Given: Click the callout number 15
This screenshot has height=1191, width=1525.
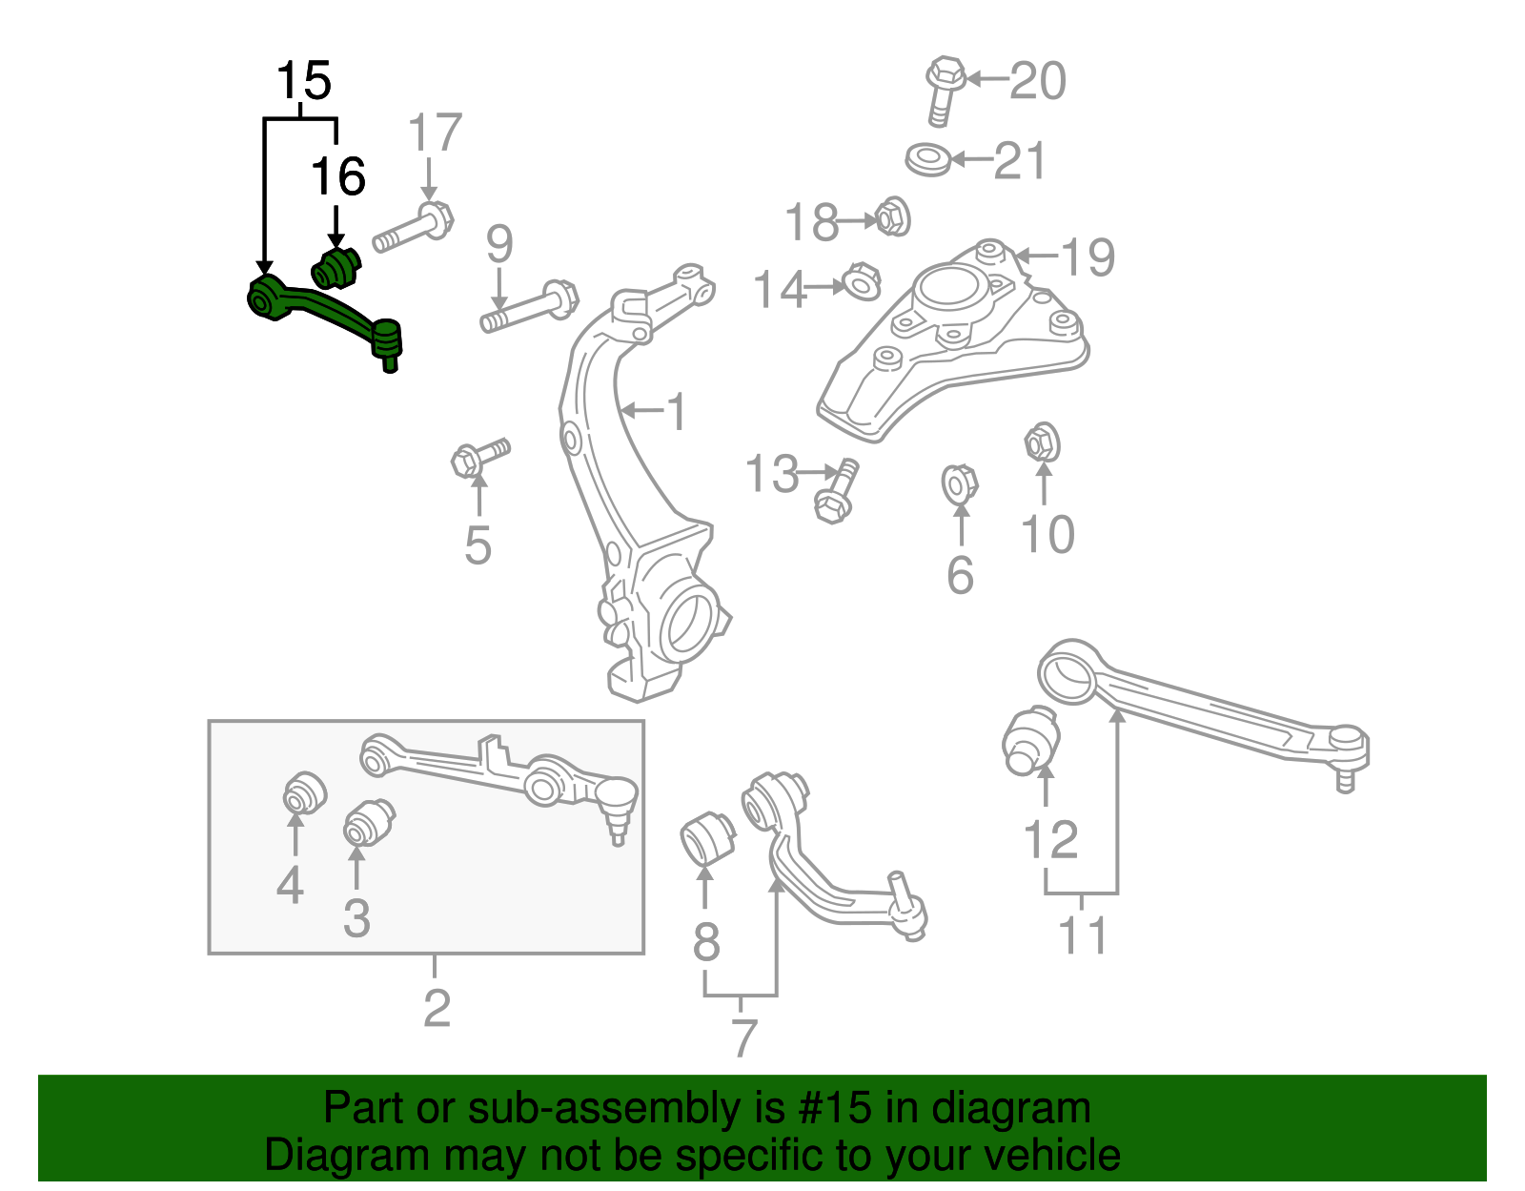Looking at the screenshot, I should point(304,81).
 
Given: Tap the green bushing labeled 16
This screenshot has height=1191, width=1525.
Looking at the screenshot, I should point(335,269).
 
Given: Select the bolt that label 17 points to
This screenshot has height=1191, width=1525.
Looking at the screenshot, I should point(413,229).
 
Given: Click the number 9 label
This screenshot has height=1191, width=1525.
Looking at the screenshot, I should point(499,244).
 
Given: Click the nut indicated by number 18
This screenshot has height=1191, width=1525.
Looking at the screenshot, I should point(892,217).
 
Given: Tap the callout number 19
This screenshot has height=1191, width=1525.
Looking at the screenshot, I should point(1088,257).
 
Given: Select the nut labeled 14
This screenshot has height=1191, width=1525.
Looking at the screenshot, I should point(861,283).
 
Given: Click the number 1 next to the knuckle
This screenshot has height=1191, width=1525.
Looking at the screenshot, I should point(676,413).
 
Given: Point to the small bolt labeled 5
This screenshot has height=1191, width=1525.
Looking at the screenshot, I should point(479,458).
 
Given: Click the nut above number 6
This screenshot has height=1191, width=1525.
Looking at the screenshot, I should point(959,483).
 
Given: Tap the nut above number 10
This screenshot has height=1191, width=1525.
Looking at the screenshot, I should point(1043,443).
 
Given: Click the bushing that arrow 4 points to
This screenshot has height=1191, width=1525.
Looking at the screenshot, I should point(305,792).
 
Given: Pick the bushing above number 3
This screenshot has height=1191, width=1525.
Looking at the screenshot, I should point(368,822).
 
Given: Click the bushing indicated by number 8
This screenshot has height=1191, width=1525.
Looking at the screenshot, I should point(707,836).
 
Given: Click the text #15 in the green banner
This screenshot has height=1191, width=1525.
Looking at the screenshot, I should point(842,1108).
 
